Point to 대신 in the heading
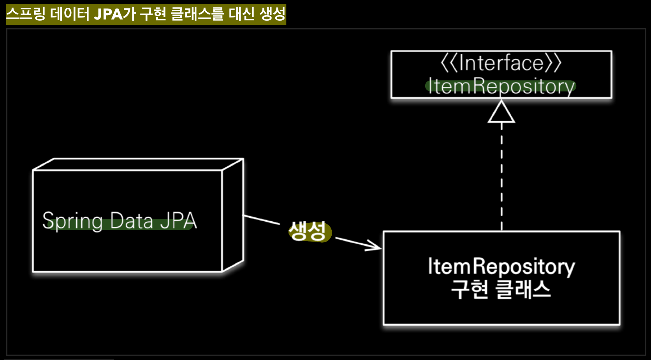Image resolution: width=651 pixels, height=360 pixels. coord(242,14)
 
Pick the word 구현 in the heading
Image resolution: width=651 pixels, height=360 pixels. coord(153,14)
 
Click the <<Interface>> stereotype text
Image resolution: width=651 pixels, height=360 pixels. coord(501,63)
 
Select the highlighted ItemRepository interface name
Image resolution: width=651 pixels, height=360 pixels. coord(501,86)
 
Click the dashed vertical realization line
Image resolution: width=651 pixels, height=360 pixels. coord(501,175)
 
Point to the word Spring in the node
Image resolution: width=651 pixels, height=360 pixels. coord(72,221)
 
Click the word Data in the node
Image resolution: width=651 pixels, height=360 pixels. coord(132,221)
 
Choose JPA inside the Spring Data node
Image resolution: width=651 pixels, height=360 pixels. coord(179,221)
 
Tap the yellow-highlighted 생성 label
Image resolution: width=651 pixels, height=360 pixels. coord(308,231)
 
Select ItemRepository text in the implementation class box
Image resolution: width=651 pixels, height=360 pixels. coord(501,266)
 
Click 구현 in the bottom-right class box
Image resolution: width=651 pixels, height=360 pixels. coord(469,290)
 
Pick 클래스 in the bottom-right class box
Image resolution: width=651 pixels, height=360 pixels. coord(523,290)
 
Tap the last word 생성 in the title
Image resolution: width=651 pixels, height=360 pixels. coord(273,14)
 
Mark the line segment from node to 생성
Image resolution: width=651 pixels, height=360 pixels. coord(262,220)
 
